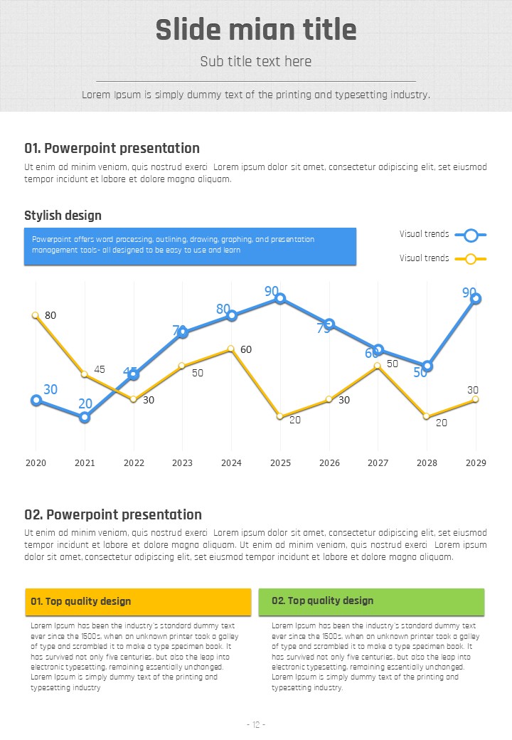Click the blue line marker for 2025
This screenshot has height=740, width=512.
[280, 299]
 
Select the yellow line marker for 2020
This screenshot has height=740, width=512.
[36, 315]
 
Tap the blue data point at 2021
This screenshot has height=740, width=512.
[85, 418]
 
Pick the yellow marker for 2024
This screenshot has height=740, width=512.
[231, 349]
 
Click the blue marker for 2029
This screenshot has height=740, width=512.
[476, 299]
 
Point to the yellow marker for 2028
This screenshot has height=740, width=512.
[427, 416]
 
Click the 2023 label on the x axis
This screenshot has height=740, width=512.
[182, 463]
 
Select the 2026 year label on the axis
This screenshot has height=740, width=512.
[329, 463]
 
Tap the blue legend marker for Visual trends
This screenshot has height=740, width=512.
[470, 234]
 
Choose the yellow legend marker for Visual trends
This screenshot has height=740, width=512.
[470, 258]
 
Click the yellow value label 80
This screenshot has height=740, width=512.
[50, 315]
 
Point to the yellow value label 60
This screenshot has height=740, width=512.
[246, 349]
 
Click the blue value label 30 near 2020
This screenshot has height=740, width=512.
[50, 389]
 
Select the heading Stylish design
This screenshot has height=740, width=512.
[63, 216]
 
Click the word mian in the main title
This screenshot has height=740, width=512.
[255, 31]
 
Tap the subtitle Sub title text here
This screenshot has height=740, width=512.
[256, 61]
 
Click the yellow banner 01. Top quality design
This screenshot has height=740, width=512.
[138, 601]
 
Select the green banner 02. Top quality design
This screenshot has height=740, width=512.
[371, 601]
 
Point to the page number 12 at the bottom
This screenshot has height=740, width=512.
[256, 724]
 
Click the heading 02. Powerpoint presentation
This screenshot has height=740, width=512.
[113, 514]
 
